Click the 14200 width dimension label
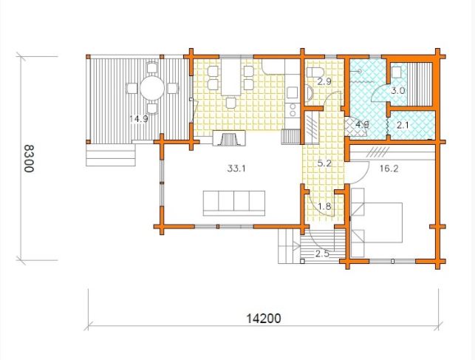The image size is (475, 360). pos(264,319)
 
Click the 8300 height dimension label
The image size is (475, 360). pos(29,158)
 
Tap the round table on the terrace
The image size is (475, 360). pos(152,88)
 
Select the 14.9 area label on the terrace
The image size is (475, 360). pos(139,119)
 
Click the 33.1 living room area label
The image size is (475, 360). pos(236,169)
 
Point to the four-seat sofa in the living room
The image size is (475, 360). pos(234,203)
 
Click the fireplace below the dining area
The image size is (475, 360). pos(229,138)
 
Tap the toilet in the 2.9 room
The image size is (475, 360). pos(315,72)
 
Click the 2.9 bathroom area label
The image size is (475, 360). pos(325,81)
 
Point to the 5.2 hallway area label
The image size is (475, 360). pos(324,163)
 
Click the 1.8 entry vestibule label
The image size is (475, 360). pos(324,206)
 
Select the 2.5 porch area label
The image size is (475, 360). pos(322,254)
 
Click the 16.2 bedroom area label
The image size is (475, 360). pos(389,169)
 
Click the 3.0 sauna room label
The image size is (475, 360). pos(397,91)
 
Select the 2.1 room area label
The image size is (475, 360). pos(403,125)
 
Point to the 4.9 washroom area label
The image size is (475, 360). pos(362,124)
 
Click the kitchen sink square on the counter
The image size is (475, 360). pos(293,92)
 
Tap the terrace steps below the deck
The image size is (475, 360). pos(111,154)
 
